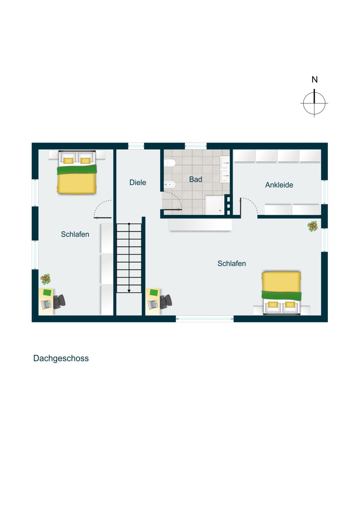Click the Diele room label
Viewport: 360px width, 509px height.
tap(138, 182)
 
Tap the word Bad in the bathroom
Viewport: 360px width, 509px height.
tap(195, 179)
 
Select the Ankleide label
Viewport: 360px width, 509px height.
tap(279, 185)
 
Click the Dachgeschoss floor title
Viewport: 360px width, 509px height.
tap(61, 358)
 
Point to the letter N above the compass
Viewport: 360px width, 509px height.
tap(314, 80)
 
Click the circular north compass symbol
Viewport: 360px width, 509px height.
tap(314, 103)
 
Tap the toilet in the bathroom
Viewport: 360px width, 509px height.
tap(170, 163)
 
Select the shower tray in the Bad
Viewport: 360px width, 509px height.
tap(215, 205)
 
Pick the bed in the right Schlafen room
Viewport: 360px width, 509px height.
tap(281, 292)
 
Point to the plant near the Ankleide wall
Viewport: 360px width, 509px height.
tap(312, 226)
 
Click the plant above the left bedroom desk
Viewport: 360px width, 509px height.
tap(46, 279)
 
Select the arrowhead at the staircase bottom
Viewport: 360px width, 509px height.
tap(129, 291)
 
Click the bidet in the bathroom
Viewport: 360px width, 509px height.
tap(170, 185)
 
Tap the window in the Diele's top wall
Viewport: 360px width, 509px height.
tap(136, 146)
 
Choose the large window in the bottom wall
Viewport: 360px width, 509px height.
tap(204, 319)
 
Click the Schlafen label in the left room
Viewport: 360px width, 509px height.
tap(75, 234)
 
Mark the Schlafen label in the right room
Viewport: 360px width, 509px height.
tap(232, 264)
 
